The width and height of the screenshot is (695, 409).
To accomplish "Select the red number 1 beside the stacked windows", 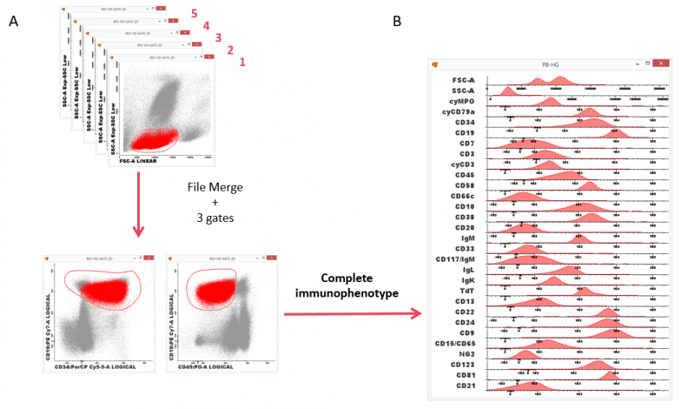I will tap(242, 62).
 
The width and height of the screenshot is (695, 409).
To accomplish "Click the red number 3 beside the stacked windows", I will tap(218, 37).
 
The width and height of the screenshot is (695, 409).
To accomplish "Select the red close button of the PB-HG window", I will tap(659, 64).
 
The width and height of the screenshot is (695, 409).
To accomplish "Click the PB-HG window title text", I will tap(551, 64).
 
